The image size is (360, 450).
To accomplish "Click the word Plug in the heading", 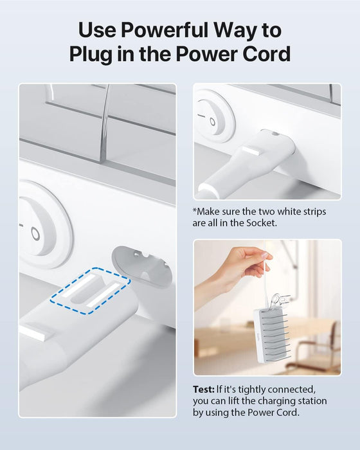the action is (x=91, y=55).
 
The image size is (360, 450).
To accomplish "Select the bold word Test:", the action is (x=204, y=390).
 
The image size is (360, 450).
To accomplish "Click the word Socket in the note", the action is (x=262, y=223).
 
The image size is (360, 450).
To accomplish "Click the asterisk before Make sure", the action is (x=195, y=210).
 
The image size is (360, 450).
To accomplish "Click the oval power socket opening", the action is (x=141, y=266).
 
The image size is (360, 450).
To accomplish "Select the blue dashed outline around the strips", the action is (x=90, y=291).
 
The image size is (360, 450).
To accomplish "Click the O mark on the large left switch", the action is (x=35, y=234).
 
